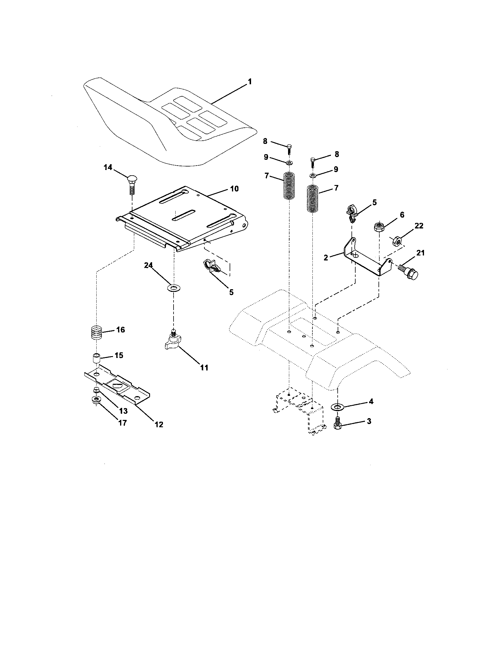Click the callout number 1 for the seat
click(250, 82)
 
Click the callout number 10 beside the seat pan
click(234, 189)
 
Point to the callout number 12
click(159, 424)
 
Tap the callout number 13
click(123, 411)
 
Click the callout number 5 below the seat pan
click(231, 292)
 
